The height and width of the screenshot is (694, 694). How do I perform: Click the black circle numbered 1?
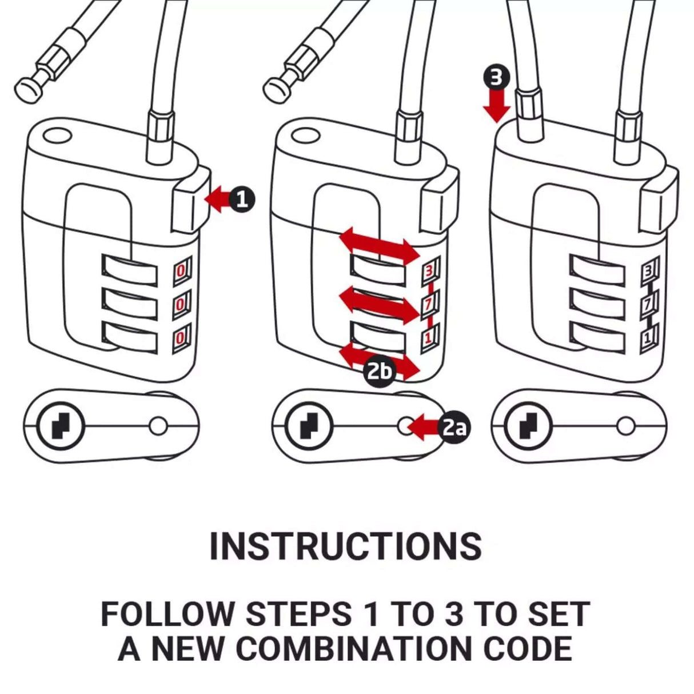coord(242,200)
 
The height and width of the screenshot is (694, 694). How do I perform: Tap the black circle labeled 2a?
coord(454,426)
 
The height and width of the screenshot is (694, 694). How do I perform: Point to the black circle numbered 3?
coord(497,77)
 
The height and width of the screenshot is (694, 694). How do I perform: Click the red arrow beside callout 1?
coord(217,200)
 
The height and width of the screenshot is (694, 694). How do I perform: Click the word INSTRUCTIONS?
coord(346,547)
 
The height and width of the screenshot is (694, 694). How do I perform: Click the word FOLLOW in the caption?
coord(167,615)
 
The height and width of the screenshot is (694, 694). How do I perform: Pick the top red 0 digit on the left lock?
coord(181,270)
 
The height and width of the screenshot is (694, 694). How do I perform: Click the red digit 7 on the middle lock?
coord(428,305)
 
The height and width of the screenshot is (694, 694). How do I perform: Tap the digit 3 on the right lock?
coord(648,272)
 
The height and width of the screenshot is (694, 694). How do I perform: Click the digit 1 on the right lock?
coord(647,338)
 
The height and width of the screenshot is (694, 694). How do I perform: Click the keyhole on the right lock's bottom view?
coord(527,426)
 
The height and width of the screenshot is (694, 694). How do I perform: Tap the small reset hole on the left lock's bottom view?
coord(158,426)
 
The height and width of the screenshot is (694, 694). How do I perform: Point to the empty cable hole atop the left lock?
coord(57,136)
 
